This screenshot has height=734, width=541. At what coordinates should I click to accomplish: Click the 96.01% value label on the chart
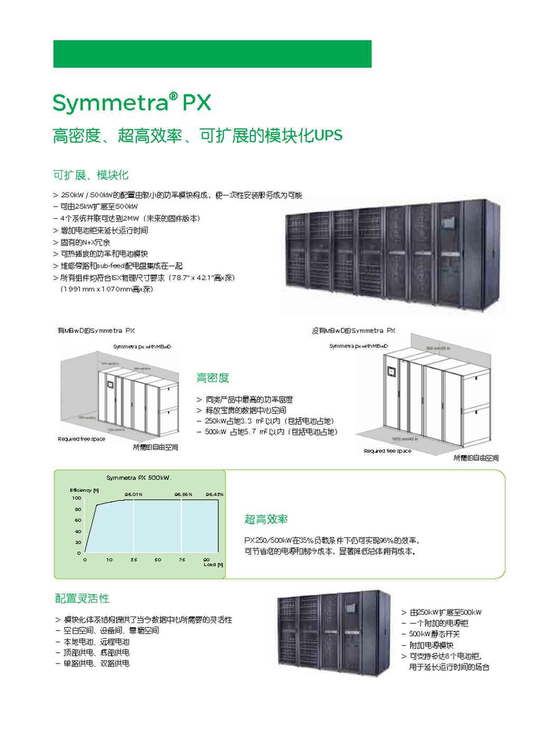coord(134,494)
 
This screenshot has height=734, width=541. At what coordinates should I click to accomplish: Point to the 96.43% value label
coord(214,494)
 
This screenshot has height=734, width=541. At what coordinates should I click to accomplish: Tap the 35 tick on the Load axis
coord(134,560)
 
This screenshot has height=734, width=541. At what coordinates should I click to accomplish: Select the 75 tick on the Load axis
coord(182,560)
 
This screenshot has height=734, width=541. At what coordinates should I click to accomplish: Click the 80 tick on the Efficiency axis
coord(78,509)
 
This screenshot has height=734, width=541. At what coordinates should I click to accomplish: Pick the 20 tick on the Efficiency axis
coord(78,542)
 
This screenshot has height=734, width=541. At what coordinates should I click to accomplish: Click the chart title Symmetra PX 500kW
coord(139,478)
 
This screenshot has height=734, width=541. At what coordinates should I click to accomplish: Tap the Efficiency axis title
coord(84,490)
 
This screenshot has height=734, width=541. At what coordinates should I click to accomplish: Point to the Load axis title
coord(213,565)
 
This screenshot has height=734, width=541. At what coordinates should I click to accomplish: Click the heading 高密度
coord(212,378)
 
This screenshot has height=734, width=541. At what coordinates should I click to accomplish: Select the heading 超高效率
coord(266,519)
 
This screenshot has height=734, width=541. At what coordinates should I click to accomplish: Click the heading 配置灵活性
coord(82,598)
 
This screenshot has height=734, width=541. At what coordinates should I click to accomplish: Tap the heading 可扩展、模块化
coord(91,175)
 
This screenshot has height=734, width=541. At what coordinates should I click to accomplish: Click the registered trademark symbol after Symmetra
coord(173,96)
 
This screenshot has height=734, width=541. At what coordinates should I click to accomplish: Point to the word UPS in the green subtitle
coord(329,136)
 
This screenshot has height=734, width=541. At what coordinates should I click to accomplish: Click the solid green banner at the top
coord(212,54)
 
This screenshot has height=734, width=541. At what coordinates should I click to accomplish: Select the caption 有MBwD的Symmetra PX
coord(96,331)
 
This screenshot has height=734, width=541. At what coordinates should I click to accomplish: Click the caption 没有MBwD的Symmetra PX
coord(353,331)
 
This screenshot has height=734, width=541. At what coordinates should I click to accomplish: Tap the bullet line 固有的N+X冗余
coord(85,242)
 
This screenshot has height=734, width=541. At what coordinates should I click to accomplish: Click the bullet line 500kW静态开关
coord(434,634)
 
